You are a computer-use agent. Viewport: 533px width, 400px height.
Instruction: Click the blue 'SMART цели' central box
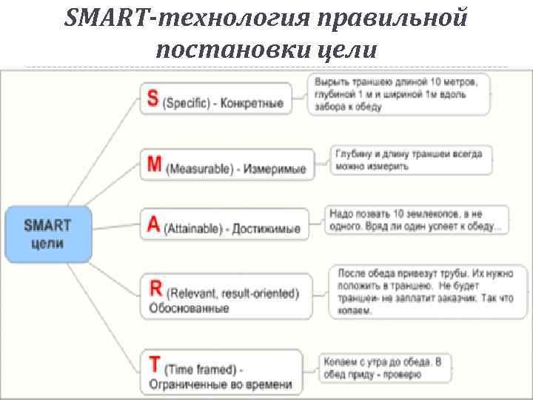click(48, 233)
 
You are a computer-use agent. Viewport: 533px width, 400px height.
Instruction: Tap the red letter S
click(153, 100)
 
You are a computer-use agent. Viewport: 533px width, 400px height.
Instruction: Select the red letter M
click(154, 165)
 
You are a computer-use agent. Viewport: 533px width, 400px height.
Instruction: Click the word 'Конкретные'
click(253, 104)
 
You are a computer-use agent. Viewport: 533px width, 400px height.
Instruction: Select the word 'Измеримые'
click(275, 169)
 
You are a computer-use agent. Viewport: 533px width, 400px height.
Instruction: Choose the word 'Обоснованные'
click(189, 308)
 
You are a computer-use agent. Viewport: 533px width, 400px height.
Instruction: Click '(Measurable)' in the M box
click(198, 169)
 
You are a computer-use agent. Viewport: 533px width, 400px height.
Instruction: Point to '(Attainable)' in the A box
click(193, 229)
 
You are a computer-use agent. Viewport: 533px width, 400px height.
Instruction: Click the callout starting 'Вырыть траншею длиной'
click(400, 93)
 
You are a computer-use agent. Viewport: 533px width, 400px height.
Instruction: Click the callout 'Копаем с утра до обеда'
click(383, 368)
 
